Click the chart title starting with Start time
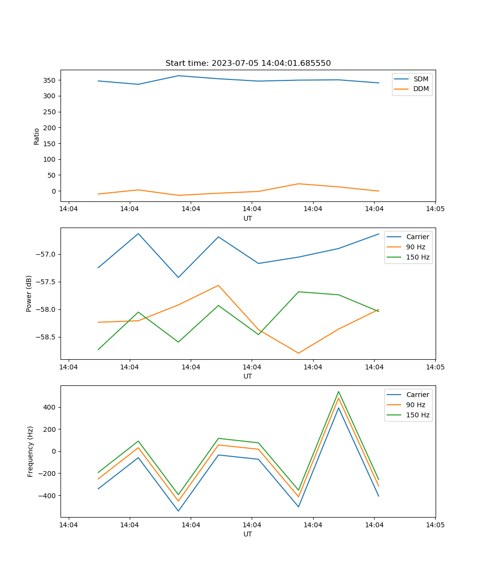[x=248, y=63]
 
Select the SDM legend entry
[x=421, y=79]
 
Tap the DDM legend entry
[x=421, y=89]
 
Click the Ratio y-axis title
[x=37, y=136]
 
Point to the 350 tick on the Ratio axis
[x=50, y=80]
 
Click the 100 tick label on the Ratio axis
[x=50, y=159]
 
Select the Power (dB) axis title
[x=29, y=293]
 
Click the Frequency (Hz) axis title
[x=30, y=451]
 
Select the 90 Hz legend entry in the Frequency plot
[x=416, y=405]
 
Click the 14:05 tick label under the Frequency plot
[x=435, y=525]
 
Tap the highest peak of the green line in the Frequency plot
[x=338, y=392]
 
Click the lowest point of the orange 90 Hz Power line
[x=298, y=353]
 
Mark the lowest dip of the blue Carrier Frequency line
[x=178, y=511]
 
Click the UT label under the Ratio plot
[x=248, y=218]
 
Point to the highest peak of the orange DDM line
[x=298, y=183]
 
